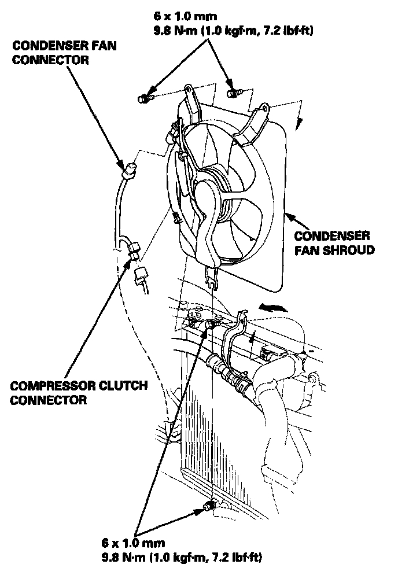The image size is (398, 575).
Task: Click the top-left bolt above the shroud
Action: tap(142, 99)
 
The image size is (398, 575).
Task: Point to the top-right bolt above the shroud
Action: tap(233, 92)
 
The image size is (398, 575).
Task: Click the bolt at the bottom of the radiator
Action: tap(210, 507)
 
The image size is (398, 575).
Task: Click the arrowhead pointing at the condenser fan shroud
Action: tap(289, 217)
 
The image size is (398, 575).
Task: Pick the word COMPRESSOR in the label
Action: tap(49, 386)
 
